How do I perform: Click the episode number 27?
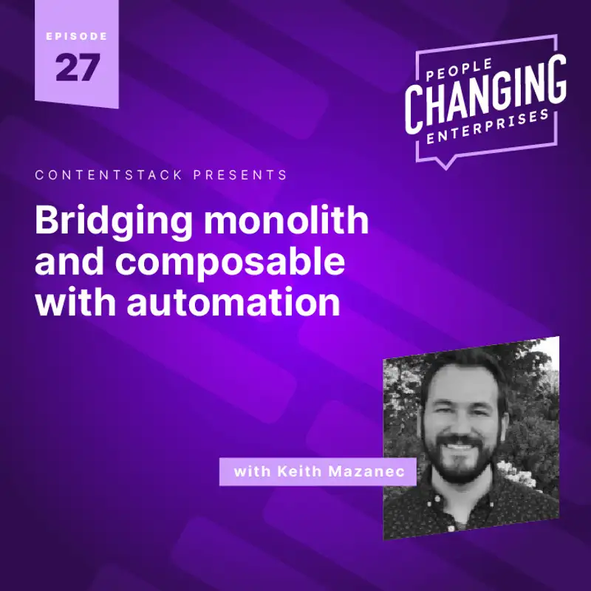click(76, 68)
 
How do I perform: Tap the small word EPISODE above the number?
click(76, 36)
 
